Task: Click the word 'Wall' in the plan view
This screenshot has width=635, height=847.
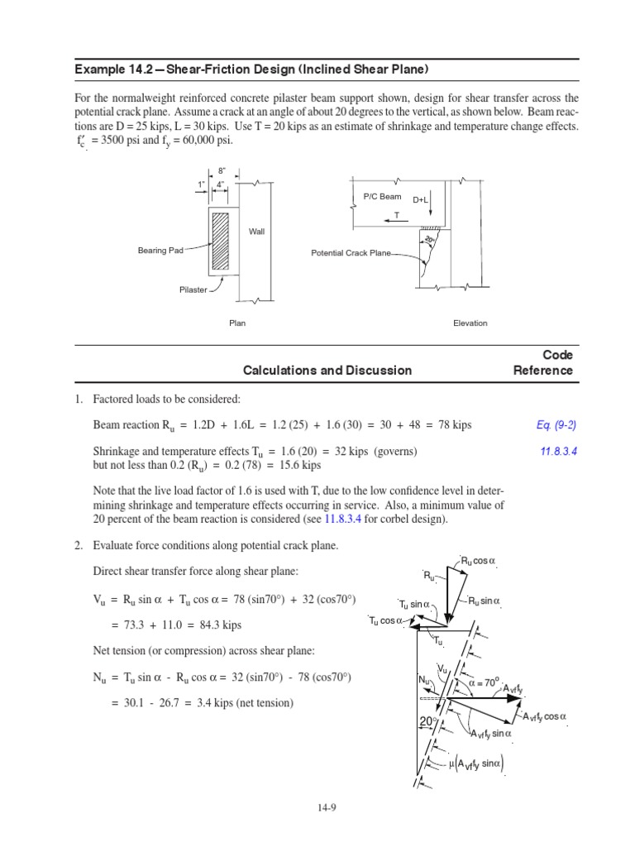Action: pos(256,232)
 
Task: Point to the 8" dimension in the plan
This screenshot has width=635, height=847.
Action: pos(222,171)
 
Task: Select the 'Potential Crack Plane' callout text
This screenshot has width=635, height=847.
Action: pos(351,253)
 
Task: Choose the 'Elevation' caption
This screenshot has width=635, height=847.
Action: pos(470,323)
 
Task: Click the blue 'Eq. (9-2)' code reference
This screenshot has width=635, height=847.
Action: pos(556,425)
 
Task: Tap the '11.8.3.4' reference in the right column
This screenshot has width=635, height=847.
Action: pos(556,452)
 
